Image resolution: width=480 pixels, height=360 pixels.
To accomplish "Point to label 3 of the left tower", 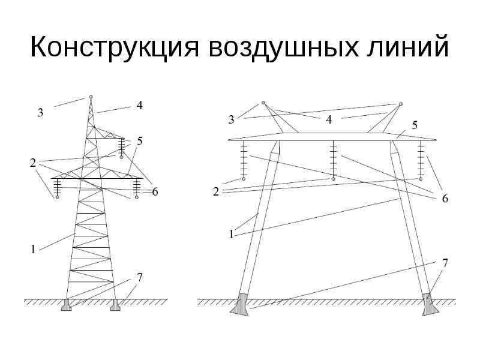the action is pos(40,112).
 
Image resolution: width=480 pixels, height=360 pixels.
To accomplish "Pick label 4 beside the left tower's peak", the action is pos(139,106).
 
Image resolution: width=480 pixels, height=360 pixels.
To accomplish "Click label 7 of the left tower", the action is pos(139,277).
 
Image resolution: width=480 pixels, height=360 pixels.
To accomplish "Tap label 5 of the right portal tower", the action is pos(415,124).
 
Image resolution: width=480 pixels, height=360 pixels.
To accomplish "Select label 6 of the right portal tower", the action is pos(445,199).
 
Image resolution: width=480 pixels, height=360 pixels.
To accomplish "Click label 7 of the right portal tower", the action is pos(445,263).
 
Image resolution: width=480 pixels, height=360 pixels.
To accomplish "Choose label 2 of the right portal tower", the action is pos(215,191).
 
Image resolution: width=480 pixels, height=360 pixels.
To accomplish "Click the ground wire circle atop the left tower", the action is pos(91,96).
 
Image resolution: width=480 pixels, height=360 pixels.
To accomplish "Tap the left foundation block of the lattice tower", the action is pos(68,304).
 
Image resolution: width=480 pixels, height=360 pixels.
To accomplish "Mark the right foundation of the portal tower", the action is pos(430,304).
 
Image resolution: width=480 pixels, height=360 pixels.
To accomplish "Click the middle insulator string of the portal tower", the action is pos(332,158).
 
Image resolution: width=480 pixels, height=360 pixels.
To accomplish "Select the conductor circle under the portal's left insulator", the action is pos(244,178).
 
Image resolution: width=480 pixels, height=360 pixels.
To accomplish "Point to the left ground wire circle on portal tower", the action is pos(263,103).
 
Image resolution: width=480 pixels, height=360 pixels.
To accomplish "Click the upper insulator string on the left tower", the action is pos(122,146).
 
